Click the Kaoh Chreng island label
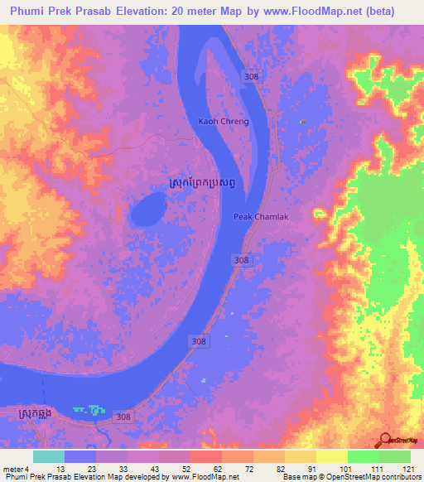(x=223, y=122)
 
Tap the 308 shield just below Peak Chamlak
(x=241, y=260)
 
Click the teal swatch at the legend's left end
(x=49, y=456)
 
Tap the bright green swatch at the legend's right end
(x=394, y=456)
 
